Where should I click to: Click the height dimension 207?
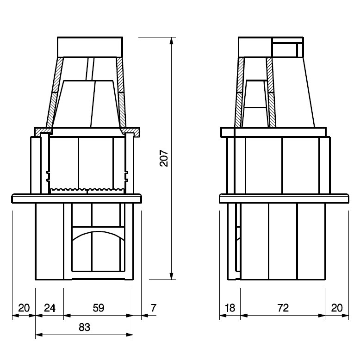pyautogui.click(x=164, y=158)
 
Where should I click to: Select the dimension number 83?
pyautogui.click(x=84, y=327)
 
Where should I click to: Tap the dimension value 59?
pyautogui.click(x=99, y=308)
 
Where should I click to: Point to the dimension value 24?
pyautogui.click(x=50, y=308)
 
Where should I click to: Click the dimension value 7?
pyautogui.click(x=154, y=308)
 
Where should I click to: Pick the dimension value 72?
pyautogui.click(x=283, y=308)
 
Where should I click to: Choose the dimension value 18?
pyautogui.click(x=230, y=308)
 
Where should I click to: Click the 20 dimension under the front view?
pyautogui.click(x=24, y=308)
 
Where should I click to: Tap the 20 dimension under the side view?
pyautogui.click(x=337, y=308)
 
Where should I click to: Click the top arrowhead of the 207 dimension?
pyautogui.click(x=171, y=41)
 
